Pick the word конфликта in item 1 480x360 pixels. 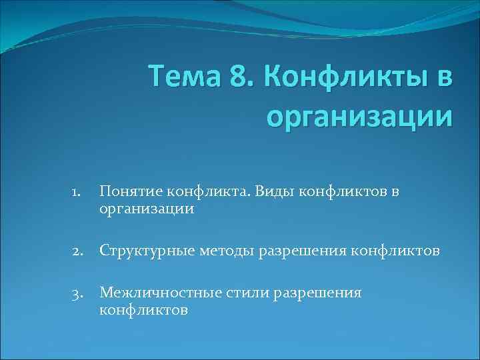202,192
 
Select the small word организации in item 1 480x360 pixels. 147,209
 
